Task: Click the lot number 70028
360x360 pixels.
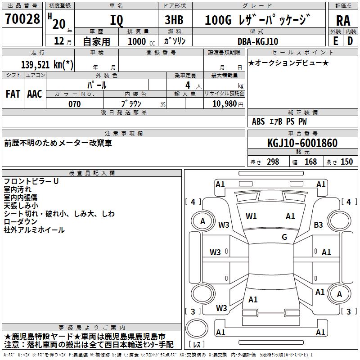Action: pos(22,19)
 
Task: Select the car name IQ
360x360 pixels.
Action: pos(116,20)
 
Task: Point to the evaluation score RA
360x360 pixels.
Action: pos(343,21)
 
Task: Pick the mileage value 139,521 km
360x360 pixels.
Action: pos(47,64)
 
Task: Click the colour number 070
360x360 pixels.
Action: pos(74,104)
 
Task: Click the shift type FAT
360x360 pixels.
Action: pos(13,94)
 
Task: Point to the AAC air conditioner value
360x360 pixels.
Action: pos(34,94)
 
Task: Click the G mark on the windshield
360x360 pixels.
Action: pos(284,237)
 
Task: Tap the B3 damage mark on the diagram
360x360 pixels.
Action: pos(319,225)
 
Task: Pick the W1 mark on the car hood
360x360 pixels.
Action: pos(251,216)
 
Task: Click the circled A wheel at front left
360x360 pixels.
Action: pos(202,221)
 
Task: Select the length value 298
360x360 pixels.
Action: pos(273,162)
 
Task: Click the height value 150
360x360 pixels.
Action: pos(346,162)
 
